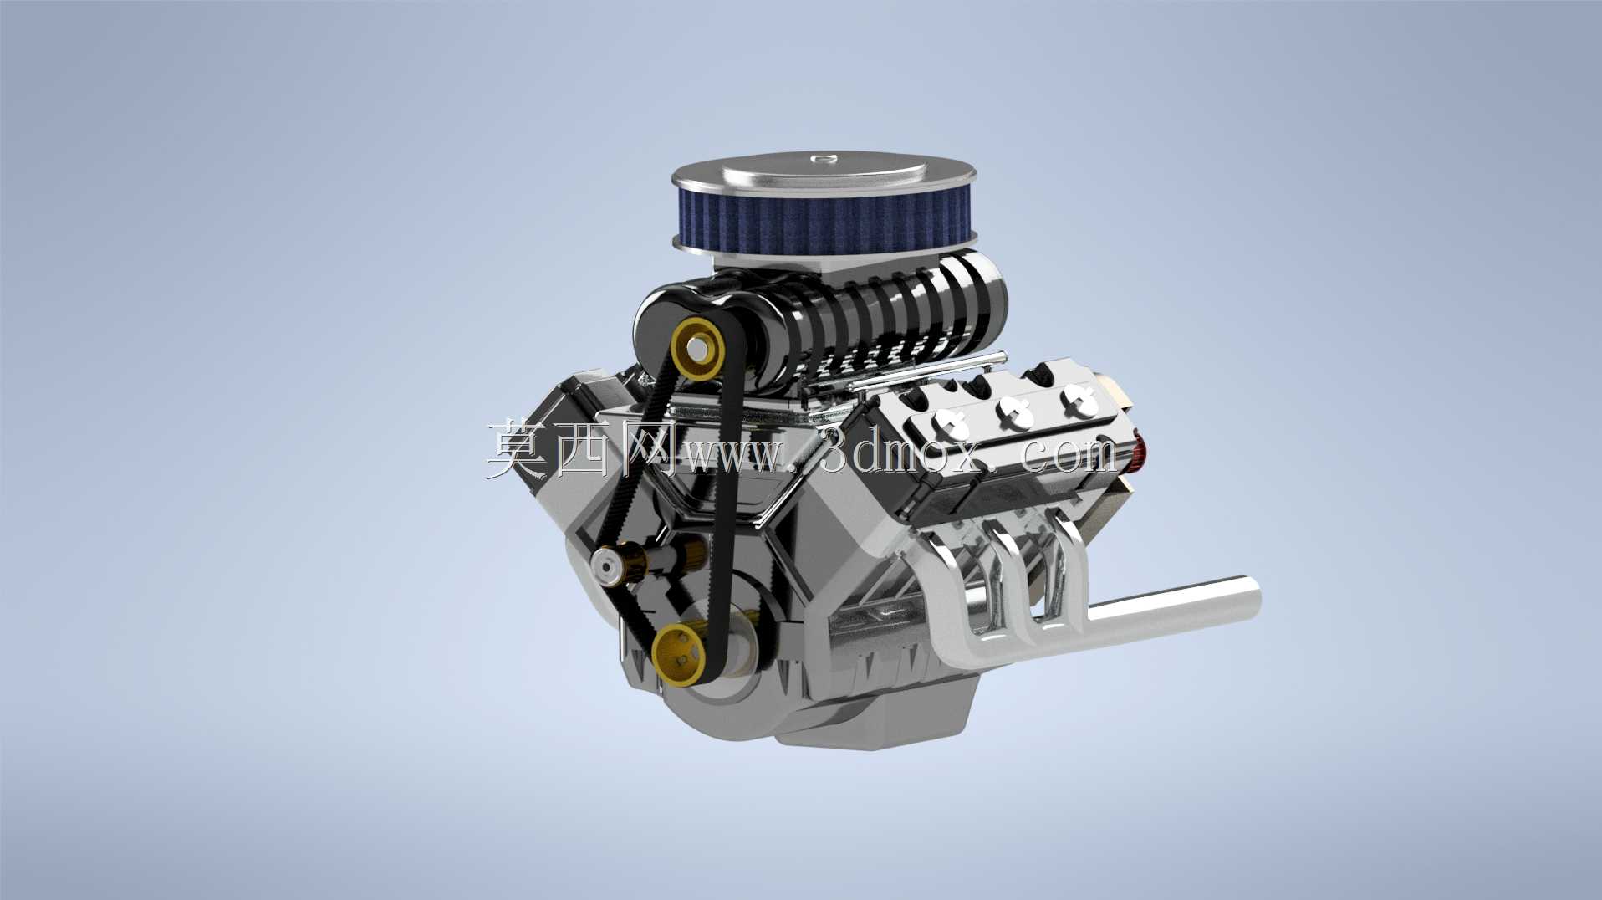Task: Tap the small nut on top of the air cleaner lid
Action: pos(824,156)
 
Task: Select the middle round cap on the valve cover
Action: pos(1014,412)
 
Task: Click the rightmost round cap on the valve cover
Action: pos(1079,400)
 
